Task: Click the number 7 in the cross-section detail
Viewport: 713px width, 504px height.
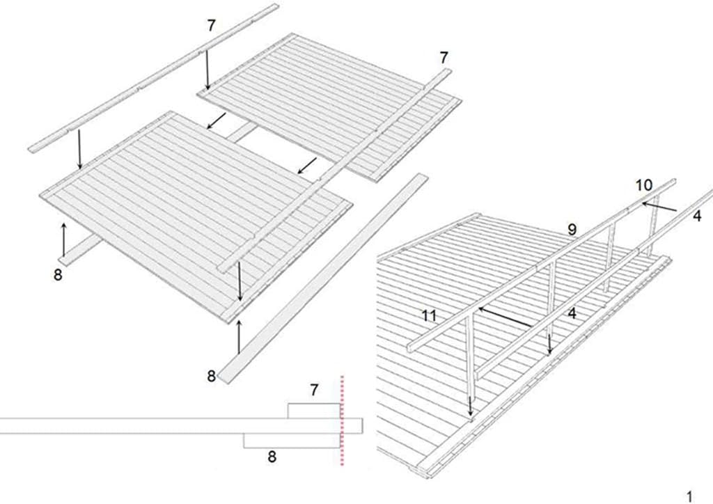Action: point(314,390)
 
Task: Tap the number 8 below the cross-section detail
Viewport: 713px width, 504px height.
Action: point(272,456)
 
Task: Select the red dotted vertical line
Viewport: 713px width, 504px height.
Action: point(342,420)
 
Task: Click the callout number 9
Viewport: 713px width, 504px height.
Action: point(572,229)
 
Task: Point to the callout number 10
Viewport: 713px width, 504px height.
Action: point(644,185)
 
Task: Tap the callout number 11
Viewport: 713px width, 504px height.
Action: point(429,315)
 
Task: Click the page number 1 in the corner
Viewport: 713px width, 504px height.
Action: point(690,496)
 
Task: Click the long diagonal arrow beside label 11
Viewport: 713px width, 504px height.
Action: point(505,317)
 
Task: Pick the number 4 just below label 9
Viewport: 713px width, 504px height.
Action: point(572,313)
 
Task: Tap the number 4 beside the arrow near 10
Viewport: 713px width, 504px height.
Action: point(697,216)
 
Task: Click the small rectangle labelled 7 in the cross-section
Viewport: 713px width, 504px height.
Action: point(314,411)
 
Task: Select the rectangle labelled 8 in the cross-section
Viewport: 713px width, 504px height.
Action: point(292,441)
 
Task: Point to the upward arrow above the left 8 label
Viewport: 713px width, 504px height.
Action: point(63,239)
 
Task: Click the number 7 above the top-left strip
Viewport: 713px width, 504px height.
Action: point(211,26)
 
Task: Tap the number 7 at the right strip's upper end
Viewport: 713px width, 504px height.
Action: point(444,58)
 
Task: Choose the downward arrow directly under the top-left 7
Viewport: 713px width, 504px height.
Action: point(207,70)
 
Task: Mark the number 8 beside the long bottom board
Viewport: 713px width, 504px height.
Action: point(211,377)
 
